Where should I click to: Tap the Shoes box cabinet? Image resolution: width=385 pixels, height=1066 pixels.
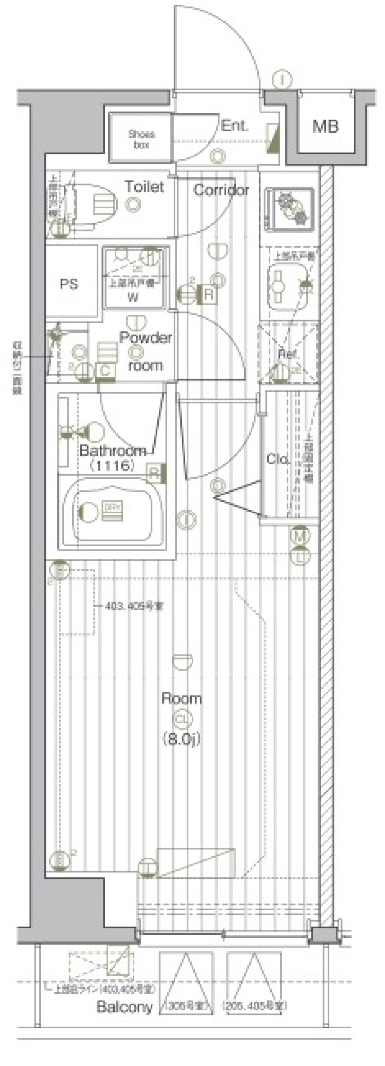coord(141,139)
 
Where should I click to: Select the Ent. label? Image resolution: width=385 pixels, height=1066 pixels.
coord(235,126)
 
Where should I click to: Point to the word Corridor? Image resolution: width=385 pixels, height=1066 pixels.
coord(221,190)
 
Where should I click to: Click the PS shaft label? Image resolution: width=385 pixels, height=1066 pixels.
coord(69,284)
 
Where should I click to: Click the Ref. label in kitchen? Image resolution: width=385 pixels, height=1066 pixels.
coord(288,354)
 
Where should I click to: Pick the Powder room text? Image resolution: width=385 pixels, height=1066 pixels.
coord(146,351)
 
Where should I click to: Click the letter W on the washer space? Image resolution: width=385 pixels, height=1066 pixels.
coord(133,297)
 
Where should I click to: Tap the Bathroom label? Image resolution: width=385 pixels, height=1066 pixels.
coord(112,451)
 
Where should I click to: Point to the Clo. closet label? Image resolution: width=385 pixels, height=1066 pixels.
coord(278,458)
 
